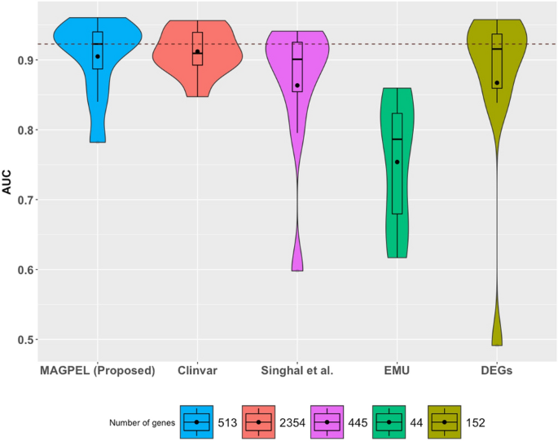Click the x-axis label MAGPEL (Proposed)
point(97,371)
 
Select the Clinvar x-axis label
point(197,371)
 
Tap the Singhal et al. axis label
point(297,371)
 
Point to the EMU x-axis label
point(398,371)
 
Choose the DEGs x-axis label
point(497,371)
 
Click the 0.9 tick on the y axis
point(24,60)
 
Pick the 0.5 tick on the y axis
point(24,340)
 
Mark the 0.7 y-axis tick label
point(24,200)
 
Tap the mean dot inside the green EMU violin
point(398,161)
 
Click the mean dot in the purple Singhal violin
point(297,86)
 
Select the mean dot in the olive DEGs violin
point(497,82)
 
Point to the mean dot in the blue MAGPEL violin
point(97,56)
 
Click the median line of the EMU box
point(398,139)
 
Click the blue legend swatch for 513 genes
point(196,421)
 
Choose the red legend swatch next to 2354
point(258,421)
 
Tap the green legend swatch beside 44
point(389,421)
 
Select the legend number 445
point(358,422)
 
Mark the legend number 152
point(477,422)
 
